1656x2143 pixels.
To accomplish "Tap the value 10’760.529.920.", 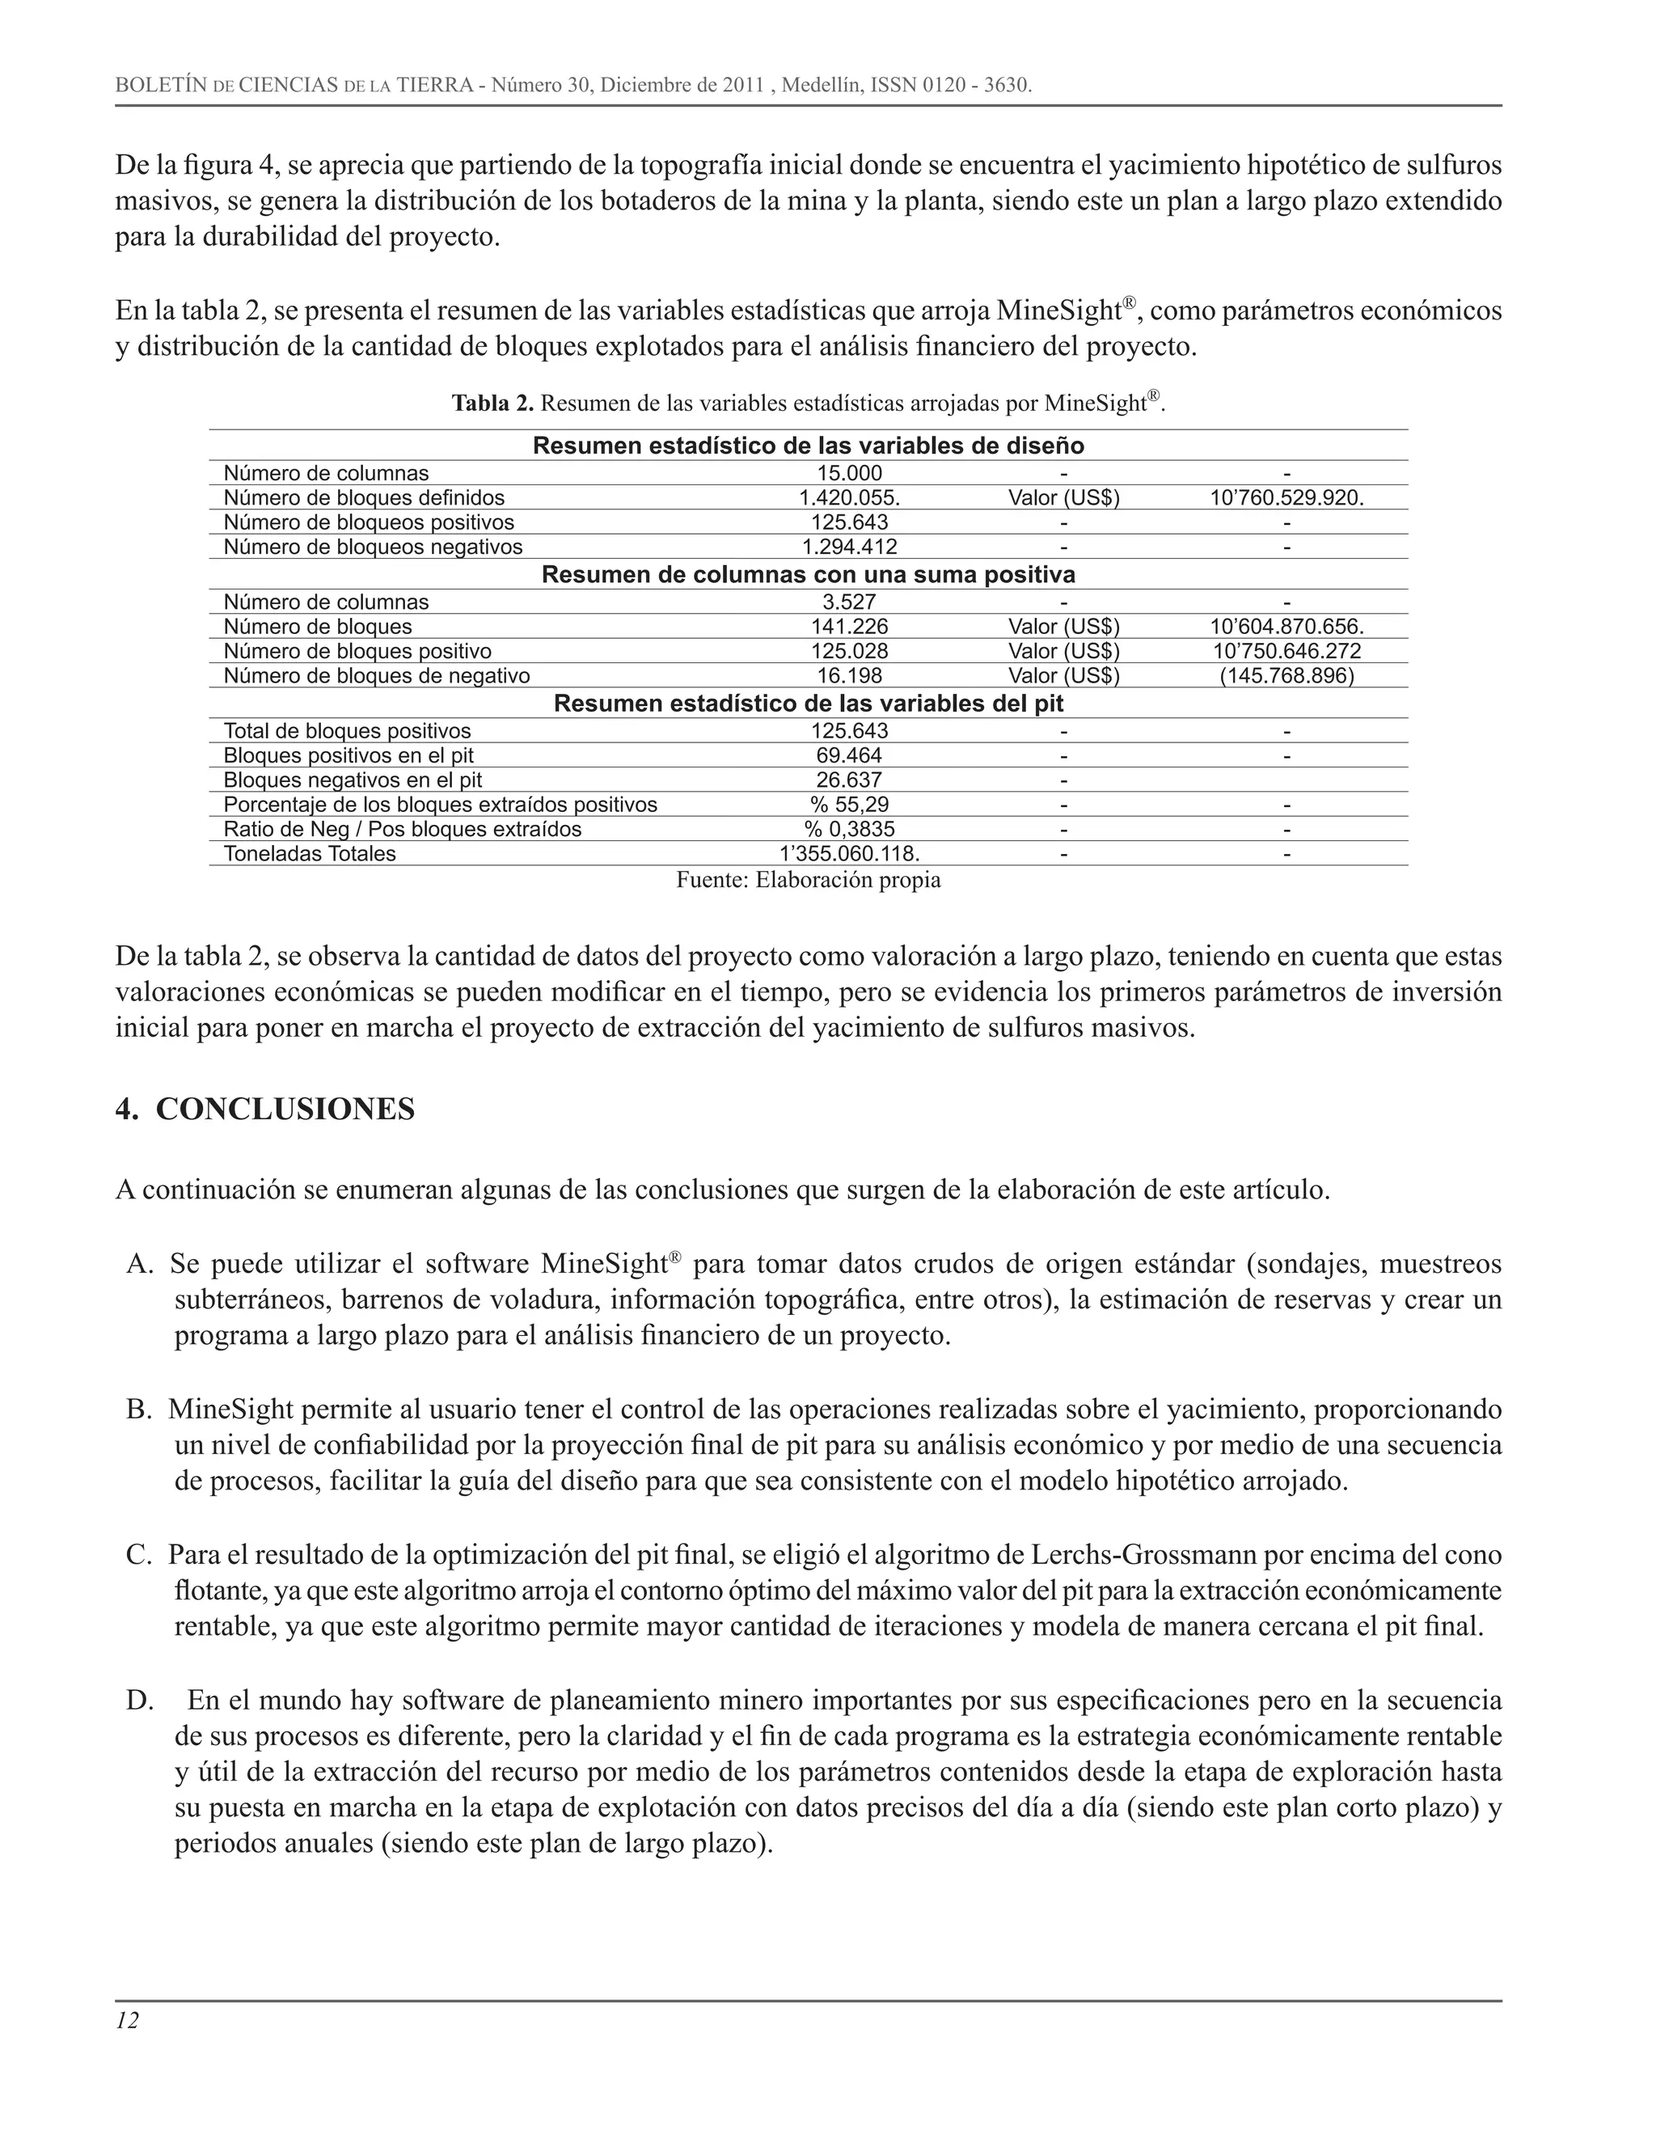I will (1286, 497).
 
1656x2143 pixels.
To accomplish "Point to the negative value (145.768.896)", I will (1286, 675).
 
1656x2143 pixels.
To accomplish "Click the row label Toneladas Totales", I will (310, 854).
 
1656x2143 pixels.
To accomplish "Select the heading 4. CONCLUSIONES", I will (265, 1110).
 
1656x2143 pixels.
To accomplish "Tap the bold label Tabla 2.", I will (492, 404).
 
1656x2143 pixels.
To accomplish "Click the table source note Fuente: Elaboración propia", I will (809, 880).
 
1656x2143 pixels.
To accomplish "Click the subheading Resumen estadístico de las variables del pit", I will (809, 704).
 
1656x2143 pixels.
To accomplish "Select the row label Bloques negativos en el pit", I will (353, 780).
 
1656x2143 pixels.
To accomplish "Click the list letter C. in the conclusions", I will (138, 1555).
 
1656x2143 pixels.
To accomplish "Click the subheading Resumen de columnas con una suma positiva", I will (809, 575).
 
